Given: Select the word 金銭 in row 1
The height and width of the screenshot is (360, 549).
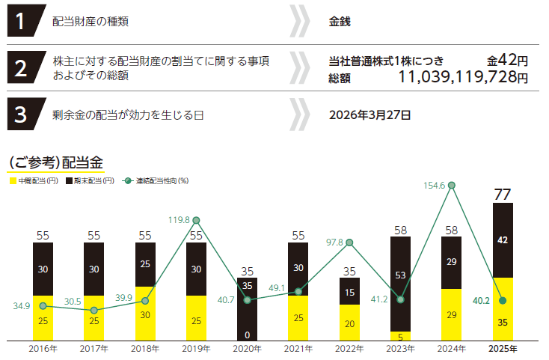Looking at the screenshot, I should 340,22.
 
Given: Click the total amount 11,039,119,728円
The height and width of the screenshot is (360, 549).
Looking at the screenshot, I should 462,77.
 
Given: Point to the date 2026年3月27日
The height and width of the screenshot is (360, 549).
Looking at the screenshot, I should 369,115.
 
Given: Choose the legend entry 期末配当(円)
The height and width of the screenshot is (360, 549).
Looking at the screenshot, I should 91,180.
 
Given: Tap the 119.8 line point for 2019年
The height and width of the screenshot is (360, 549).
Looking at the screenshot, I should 196,220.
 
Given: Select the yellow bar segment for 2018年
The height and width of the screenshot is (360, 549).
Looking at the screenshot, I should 145,314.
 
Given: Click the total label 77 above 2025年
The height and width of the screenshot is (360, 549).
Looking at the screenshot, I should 503,195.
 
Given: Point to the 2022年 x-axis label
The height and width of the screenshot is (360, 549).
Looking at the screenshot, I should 349,349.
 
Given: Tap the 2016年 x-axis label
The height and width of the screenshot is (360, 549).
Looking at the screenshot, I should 43,349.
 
